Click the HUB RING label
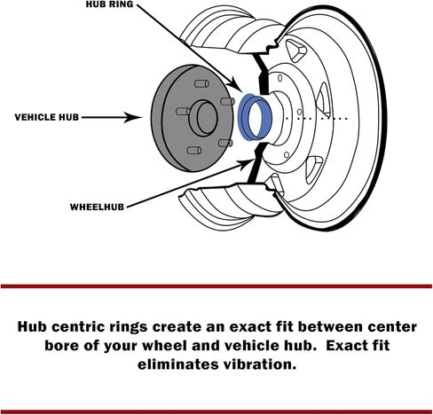tap(109, 4)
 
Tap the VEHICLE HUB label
tap(47, 117)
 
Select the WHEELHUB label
tap(97, 207)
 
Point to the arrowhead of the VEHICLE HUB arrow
tap(133, 118)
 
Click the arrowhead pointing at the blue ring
tap(237, 84)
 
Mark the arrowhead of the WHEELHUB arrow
tap(247, 163)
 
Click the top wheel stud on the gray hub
tap(201, 83)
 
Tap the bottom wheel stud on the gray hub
tap(194, 151)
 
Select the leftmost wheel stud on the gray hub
tap(183, 111)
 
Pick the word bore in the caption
tap(62, 346)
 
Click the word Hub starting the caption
tap(32, 327)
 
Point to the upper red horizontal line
tap(216, 286)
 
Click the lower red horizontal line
tap(216, 411)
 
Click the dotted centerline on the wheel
tap(316, 119)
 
